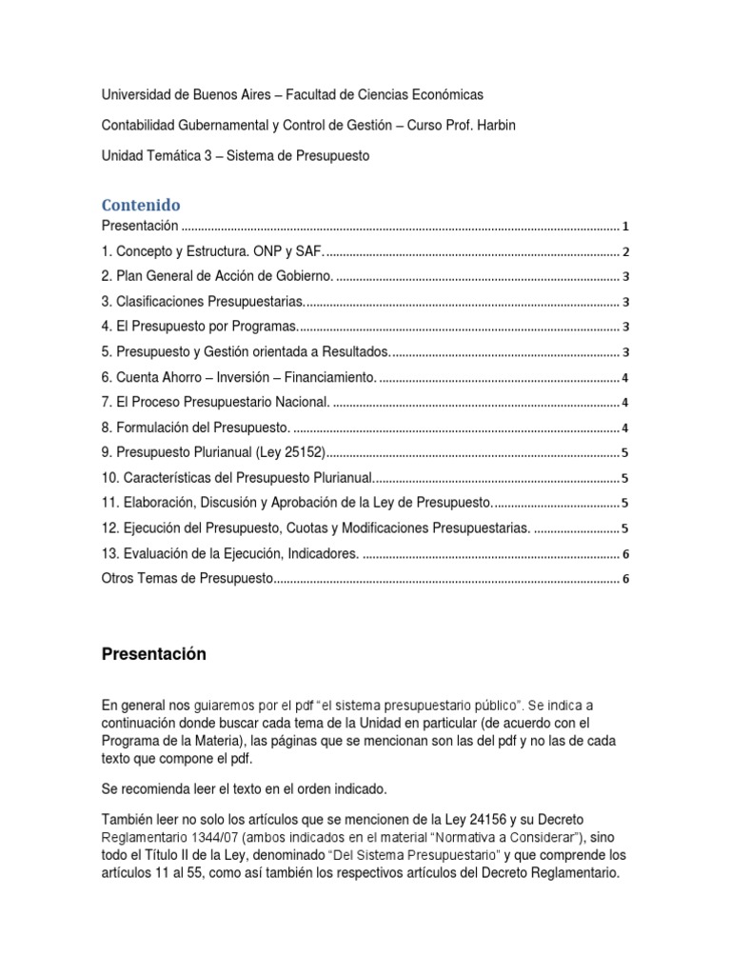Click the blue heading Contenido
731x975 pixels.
[141, 205]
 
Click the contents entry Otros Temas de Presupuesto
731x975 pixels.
[188, 579]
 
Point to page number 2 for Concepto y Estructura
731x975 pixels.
[626, 252]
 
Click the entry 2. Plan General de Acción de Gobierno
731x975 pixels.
[218, 276]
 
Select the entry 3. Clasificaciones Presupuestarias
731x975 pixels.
[204, 302]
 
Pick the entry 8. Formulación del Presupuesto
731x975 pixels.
[196, 428]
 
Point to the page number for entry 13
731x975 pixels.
[626, 554]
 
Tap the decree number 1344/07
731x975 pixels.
[212, 837]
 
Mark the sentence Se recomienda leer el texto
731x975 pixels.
[244, 789]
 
